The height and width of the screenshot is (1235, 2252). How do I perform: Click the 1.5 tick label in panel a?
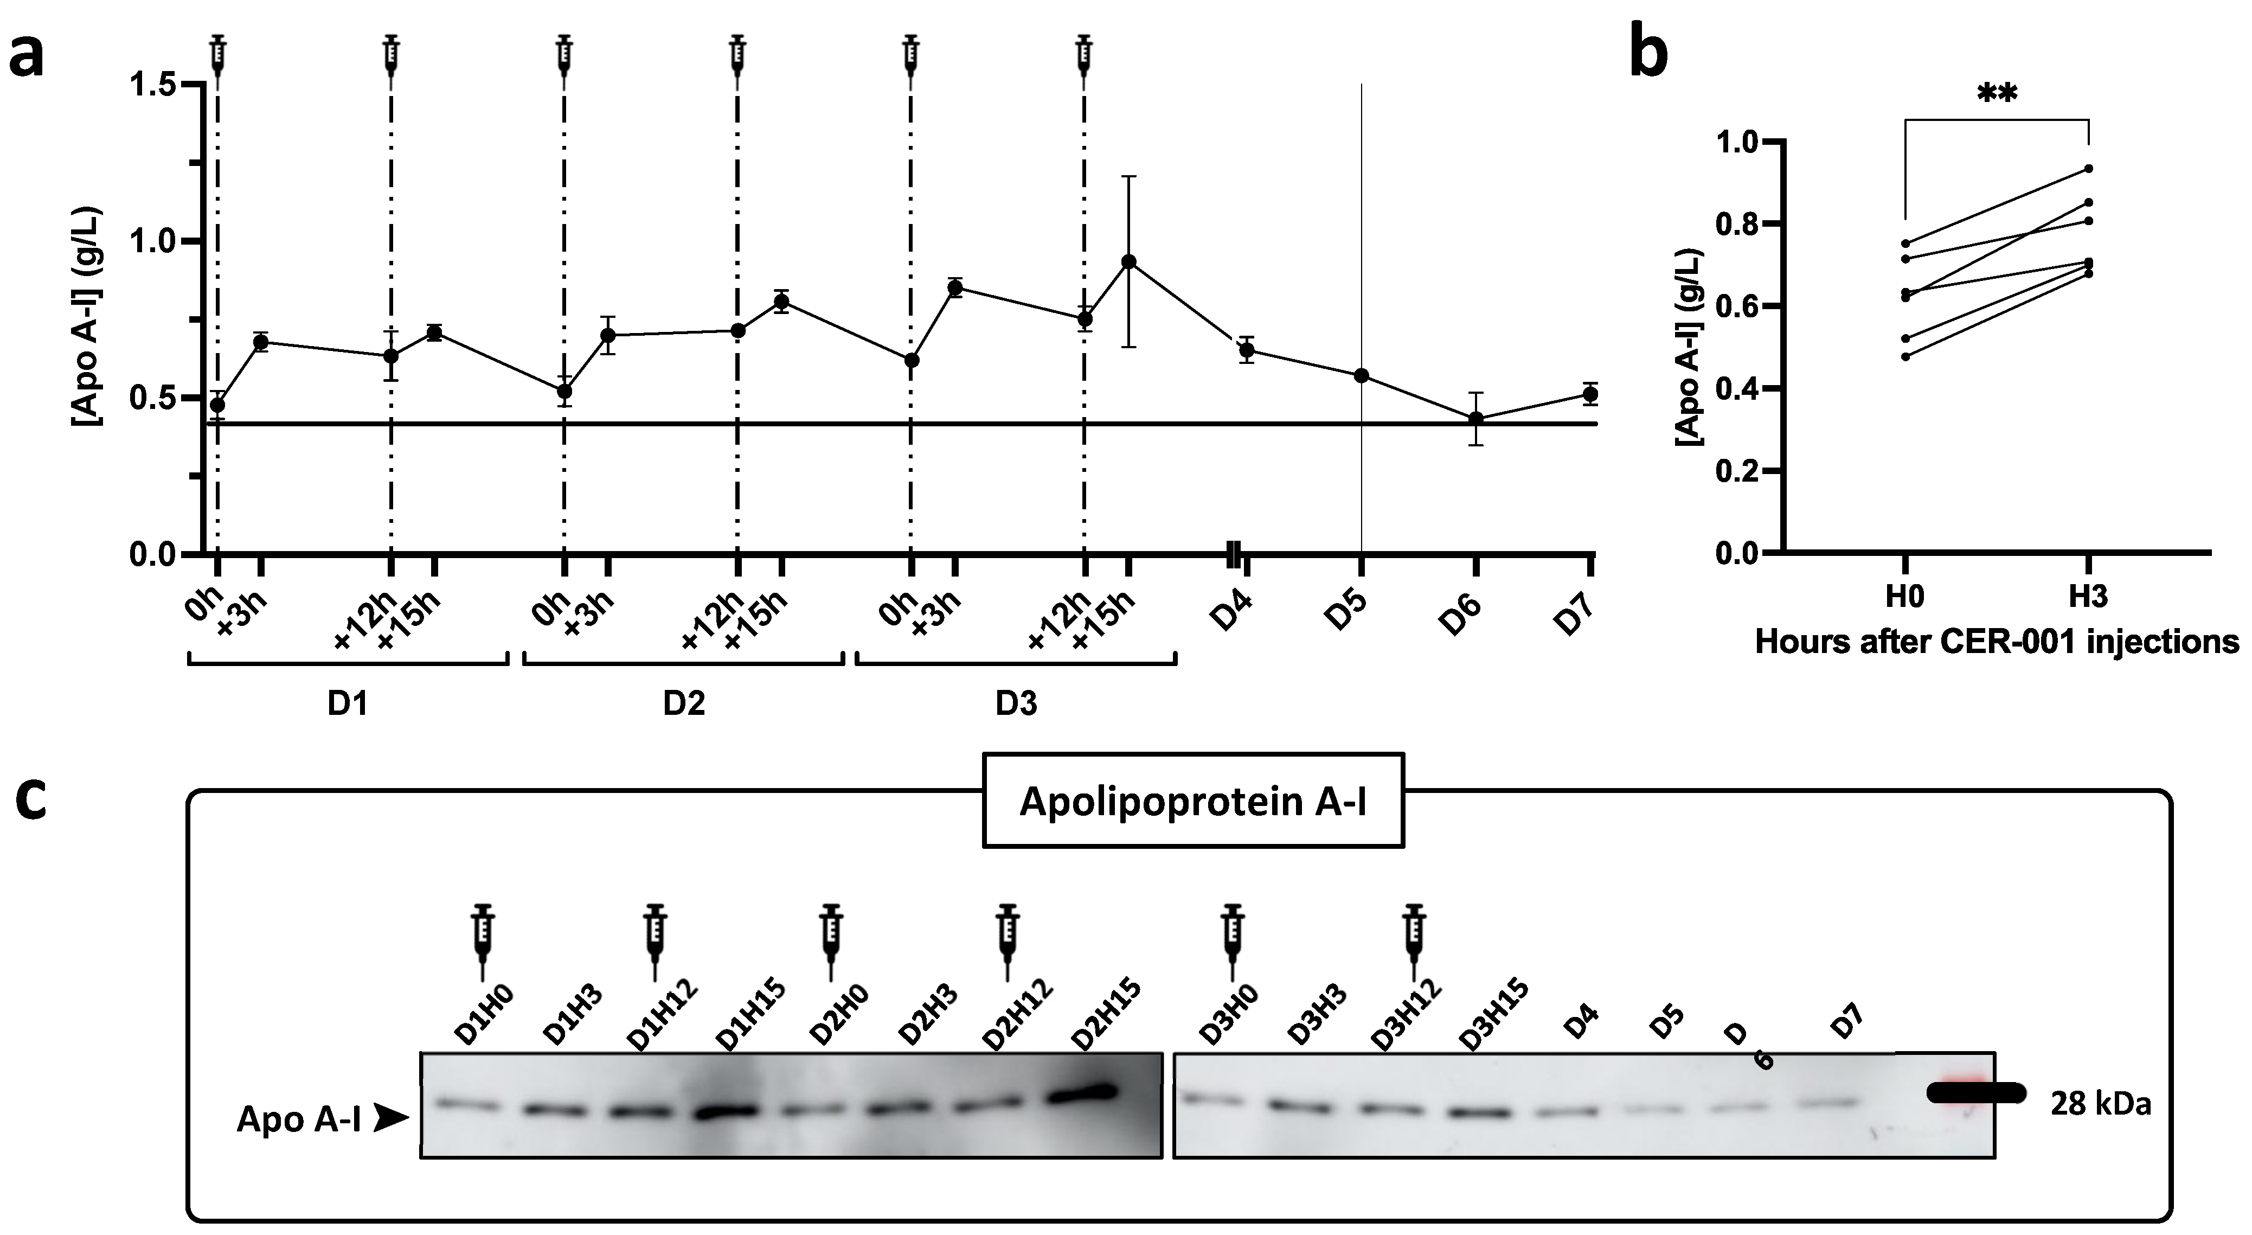[x=155, y=85]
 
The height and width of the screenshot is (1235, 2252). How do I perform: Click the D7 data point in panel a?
[x=1590, y=394]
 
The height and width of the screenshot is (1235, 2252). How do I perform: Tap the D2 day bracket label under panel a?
[x=684, y=704]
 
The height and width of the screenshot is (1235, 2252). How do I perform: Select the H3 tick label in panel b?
[x=2088, y=597]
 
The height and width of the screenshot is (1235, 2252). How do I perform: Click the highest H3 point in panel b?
[x=2089, y=169]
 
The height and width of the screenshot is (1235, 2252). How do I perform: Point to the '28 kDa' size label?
[x=2100, y=1105]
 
